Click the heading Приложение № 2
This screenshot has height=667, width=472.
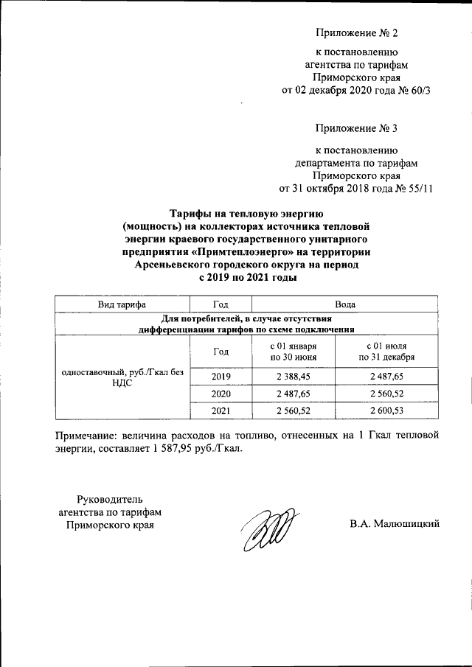356,33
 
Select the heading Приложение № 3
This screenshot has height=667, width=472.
356,128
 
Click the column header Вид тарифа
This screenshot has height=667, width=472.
122,304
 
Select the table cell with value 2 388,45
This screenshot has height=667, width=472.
293,377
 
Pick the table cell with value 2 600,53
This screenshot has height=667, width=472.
386,410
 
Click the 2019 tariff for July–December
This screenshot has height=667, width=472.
386,377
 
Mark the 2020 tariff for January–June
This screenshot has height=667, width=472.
293,394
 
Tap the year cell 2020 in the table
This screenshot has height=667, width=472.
221,394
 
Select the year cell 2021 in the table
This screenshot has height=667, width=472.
221,410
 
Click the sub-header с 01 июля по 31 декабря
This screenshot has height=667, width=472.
386,352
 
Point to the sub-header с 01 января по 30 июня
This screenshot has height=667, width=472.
293,352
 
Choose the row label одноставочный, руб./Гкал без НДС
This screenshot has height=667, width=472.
122,377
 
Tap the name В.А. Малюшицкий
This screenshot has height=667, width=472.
395,524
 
